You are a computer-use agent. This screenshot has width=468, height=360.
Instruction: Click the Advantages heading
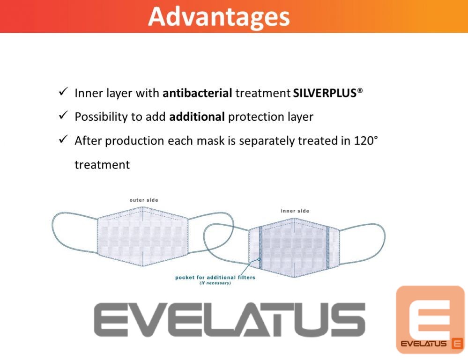[219, 17]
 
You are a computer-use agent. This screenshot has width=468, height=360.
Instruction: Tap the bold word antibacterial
[197, 93]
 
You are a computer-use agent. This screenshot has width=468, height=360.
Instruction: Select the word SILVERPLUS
[325, 93]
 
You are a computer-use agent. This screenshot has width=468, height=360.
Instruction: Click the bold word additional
[197, 117]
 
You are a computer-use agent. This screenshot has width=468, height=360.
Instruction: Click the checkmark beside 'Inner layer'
[63, 92]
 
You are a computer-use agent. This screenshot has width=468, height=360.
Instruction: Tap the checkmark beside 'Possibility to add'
[63, 115]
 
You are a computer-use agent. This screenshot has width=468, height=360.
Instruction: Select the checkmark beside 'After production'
[63, 139]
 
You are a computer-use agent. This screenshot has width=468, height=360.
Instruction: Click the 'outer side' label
[144, 200]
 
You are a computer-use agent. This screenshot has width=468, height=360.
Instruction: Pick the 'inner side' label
[295, 211]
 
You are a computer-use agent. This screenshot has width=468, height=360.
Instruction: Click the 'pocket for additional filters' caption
[215, 278]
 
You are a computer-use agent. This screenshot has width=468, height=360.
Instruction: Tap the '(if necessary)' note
[215, 283]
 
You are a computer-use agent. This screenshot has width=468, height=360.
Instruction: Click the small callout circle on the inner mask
[259, 259]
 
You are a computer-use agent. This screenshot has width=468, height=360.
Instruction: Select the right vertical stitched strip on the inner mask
[327, 248]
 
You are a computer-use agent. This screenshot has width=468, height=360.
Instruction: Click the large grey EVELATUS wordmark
[230, 320]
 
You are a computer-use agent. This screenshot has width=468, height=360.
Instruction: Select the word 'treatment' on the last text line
[102, 165]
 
